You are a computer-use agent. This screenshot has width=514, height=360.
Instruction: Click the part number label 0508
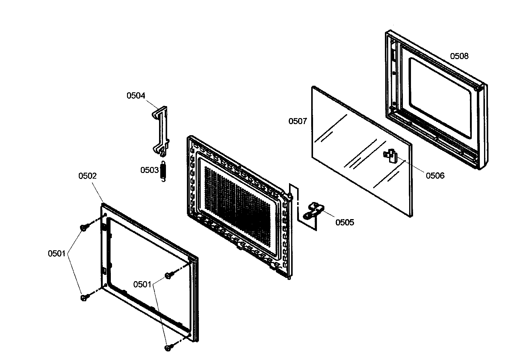coord(459,56)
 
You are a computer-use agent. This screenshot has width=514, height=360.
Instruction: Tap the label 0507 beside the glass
coord(297,121)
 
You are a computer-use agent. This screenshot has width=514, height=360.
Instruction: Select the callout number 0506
coord(435,176)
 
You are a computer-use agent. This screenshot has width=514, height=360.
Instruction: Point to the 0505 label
coord(344,222)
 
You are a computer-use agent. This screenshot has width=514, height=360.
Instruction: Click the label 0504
coord(136,96)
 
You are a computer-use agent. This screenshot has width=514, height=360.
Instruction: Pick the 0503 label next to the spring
coord(149,170)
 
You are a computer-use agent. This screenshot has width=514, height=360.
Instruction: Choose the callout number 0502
coord(87,176)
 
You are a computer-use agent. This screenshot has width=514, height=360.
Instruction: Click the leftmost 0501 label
coord(57,254)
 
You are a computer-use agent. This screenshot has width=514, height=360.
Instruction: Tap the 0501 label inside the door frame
coord(142,284)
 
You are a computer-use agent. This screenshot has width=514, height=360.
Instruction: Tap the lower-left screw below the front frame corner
coord(84,298)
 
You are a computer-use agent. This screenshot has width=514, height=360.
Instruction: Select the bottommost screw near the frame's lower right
coord(168,348)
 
